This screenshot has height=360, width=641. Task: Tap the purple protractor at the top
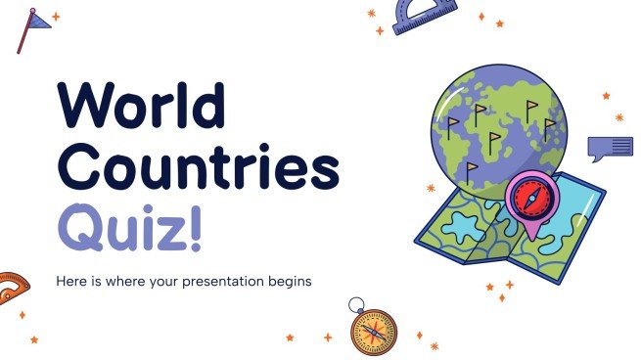pos(424,16)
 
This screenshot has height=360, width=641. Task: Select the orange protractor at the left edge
pos(12,288)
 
